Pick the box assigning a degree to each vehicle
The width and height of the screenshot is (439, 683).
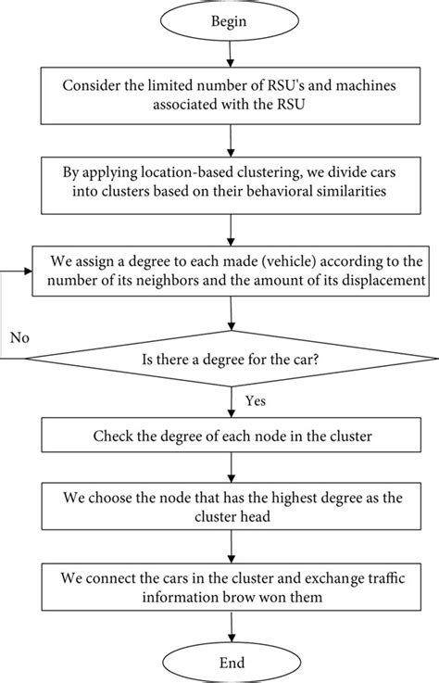pyautogui.click(x=220, y=266)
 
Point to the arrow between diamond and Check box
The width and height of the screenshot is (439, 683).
pyautogui.click(x=220, y=398)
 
